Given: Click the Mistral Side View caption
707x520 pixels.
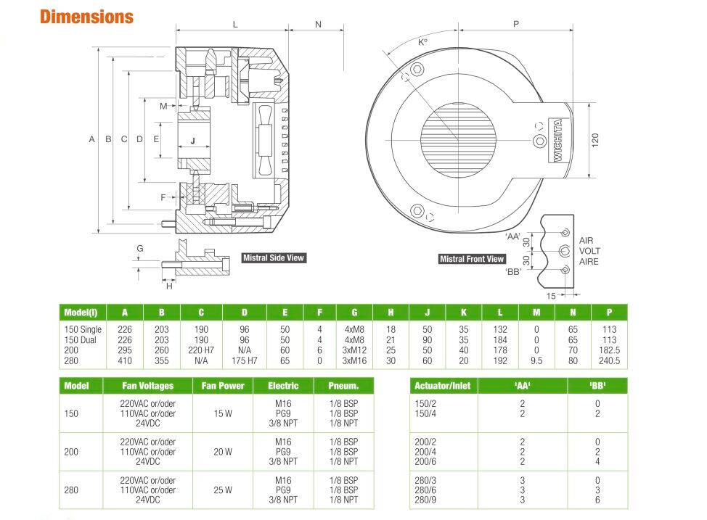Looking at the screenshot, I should [x=274, y=257].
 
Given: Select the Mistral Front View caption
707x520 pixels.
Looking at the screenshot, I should [x=472, y=259].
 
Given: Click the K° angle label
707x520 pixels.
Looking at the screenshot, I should [x=423, y=43].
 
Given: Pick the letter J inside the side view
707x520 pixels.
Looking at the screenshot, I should [x=192, y=141].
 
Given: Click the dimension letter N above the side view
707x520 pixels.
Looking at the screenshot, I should [x=318, y=25].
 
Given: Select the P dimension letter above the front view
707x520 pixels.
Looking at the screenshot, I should [x=515, y=25].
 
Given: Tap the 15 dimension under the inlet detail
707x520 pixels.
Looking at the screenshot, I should [x=551, y=295].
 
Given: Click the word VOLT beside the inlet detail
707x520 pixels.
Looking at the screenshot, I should [x=589, y=251].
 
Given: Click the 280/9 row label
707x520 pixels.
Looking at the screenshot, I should [x=424, y=499].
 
